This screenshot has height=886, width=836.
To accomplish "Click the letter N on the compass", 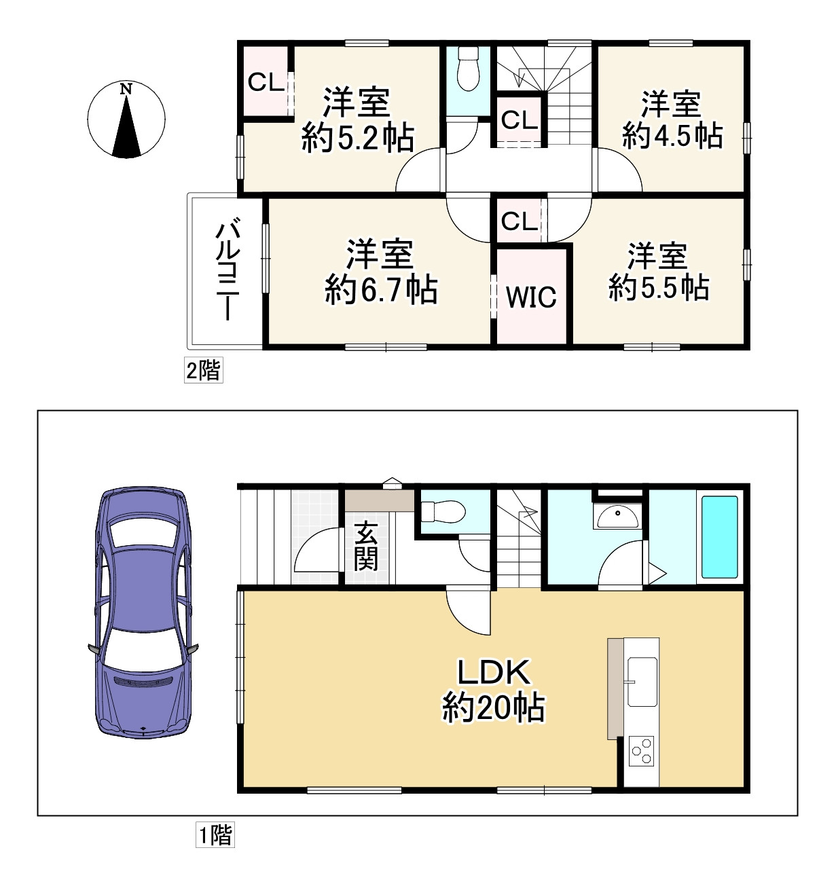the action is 126,89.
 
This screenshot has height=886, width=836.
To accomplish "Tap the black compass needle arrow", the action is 127,126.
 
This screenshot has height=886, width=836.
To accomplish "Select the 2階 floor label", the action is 204,370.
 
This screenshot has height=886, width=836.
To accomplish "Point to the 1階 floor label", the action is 215,835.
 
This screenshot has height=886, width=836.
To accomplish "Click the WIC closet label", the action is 531,296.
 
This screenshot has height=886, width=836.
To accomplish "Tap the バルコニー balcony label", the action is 228,269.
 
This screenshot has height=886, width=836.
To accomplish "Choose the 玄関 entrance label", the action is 366,547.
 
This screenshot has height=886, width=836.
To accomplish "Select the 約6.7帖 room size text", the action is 381,290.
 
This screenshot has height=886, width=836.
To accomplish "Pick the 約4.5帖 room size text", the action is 672,136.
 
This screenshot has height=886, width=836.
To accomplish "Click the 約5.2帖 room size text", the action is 358,139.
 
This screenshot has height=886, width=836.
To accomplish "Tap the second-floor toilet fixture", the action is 468,69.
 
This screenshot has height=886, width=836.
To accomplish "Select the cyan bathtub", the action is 719,538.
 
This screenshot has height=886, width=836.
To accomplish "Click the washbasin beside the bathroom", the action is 618,517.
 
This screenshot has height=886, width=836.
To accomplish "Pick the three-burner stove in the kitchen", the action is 641,752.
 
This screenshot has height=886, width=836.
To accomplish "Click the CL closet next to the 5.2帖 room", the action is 266,82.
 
